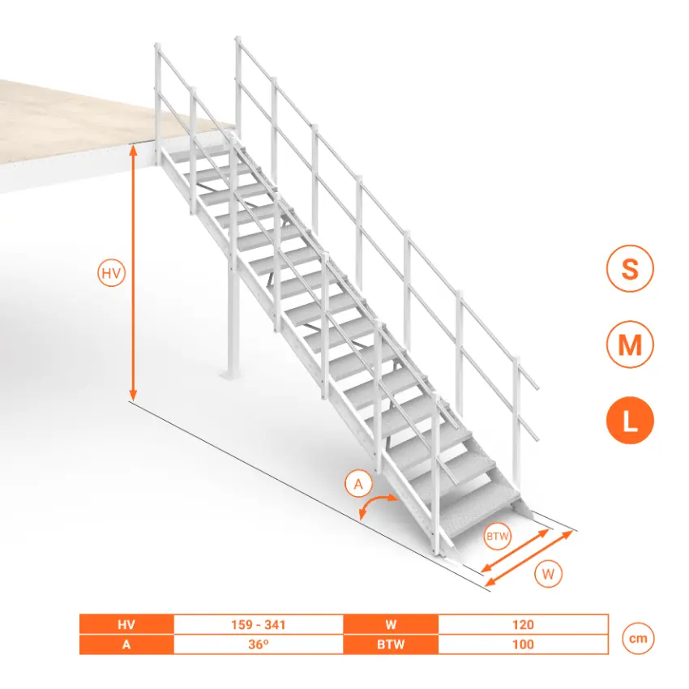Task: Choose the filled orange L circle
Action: point(630,420)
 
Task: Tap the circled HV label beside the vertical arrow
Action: point(111,273)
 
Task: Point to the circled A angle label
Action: point(358,484)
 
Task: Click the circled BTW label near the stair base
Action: point(497,536)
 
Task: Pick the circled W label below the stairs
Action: point(548,574)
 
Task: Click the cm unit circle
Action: point(638,638)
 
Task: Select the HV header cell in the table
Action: point(126,624)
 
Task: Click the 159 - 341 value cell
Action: point(259,624)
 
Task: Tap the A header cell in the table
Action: point(126,644)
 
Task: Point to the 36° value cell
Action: point(259,644)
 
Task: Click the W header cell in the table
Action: point(391,624)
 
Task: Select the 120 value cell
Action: point(523,624)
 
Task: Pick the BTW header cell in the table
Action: point(391,644)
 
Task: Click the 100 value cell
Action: point(523,644)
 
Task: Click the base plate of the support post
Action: point(232,374)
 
